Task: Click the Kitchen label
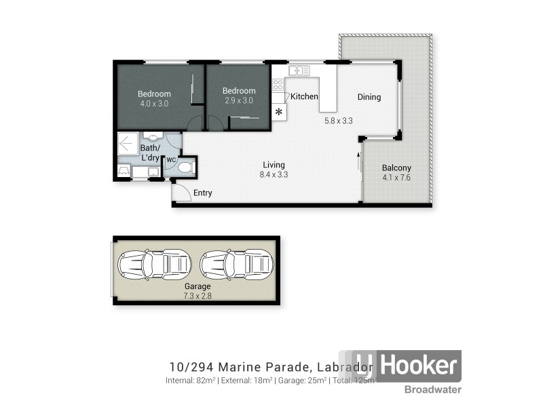point(304,97)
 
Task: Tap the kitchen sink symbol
point(299,70)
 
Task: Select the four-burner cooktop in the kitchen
point(278,85)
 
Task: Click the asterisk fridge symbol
point(278,112)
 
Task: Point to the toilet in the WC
point(187,166)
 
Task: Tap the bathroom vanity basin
point(149,137)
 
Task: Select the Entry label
point(202,193)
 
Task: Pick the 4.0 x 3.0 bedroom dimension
point(154,104)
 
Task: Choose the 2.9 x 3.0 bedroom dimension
point(238,100)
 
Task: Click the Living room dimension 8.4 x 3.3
point(274,175)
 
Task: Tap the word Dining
point(369,97)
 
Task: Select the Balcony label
point(396,168)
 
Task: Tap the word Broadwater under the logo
point(434,389)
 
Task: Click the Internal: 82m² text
point(190,381)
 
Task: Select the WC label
point(171,160)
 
